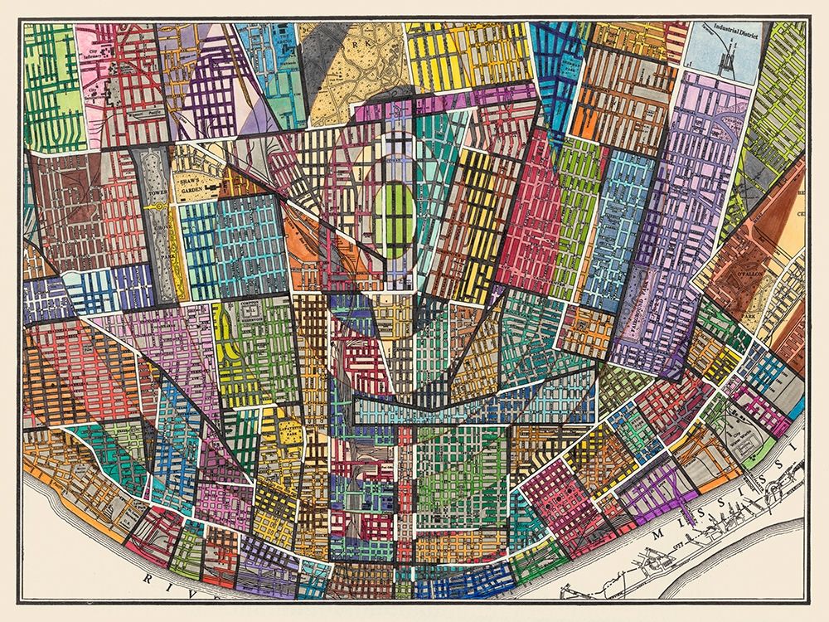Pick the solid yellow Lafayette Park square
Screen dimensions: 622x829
[x=291, y=432]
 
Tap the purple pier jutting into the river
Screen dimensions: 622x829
[x=681, y=506]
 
